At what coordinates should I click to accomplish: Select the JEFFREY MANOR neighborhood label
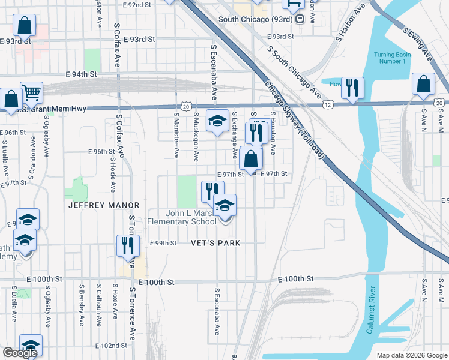(x=104, y=205)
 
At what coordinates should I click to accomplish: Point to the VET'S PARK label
(x=215, y=243)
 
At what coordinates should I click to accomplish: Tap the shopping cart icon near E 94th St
(x=31, y=92)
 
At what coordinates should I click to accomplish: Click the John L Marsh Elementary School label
(x=191, y=217)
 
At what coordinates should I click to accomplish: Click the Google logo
(x=20, y=353)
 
